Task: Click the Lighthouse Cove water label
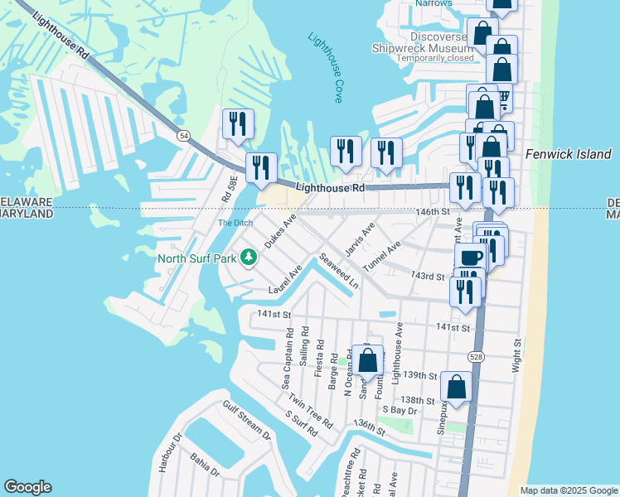coord(326,68)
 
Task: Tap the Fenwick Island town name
coord(569,154)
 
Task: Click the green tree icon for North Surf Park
coord(248,258)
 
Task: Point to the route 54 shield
coord(183,135)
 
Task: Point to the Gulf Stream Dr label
coord(246,421)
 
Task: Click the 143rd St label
coord(429,276)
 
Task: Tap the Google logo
coord(27,487)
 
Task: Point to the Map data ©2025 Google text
coord(569,490)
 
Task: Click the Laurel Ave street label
coord(284,280)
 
